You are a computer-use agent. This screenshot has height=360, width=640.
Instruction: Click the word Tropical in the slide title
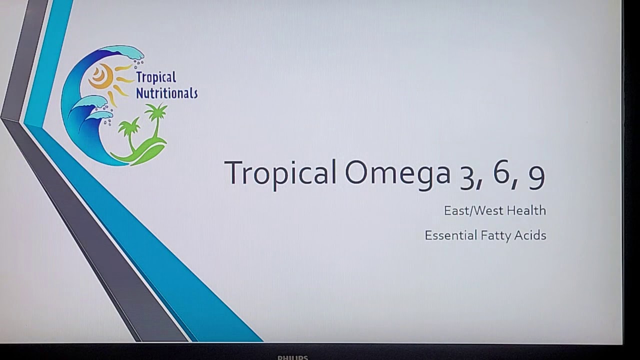click(x=280, y=174)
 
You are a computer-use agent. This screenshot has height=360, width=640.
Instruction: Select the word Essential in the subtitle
click(x=451, y=235)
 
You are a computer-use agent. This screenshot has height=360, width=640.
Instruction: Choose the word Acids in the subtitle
click(x=530, y=235)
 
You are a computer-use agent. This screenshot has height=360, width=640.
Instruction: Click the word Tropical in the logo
click(x=156, y=77)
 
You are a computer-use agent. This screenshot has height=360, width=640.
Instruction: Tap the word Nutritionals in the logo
click(x=167, y=93)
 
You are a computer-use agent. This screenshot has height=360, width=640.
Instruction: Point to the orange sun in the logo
click(x=103, y=76)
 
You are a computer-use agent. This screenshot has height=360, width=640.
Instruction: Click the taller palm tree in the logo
click(x=156, y=120)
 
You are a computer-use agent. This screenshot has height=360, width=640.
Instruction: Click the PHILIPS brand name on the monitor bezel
click(x=293, y=357)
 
